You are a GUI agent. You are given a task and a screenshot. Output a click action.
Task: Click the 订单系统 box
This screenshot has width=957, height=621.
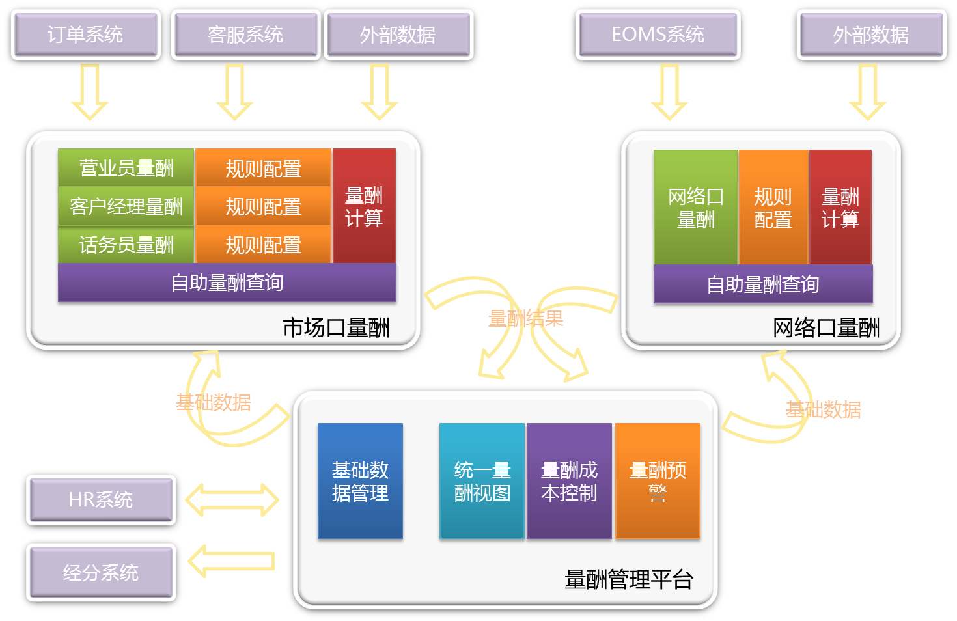[85, 34]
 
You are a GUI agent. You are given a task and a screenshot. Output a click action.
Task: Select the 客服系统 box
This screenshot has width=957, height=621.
[245, 34]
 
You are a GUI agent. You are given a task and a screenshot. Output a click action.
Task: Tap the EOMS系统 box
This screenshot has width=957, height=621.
[658, 34]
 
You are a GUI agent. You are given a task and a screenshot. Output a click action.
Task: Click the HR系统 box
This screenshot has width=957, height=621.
[101, 499]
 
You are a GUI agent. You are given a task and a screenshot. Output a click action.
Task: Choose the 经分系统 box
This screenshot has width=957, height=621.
[101, 572]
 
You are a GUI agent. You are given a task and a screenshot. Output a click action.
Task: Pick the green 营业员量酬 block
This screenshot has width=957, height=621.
[126, 168]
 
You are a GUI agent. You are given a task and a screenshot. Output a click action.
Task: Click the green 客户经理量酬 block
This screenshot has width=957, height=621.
[126, 206]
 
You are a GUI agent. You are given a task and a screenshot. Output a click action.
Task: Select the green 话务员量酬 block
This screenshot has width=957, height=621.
[126, 245]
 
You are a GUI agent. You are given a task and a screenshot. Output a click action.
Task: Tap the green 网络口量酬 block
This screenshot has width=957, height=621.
[695, 207]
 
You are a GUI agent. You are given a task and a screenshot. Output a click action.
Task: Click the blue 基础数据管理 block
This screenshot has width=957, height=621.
[360, 481]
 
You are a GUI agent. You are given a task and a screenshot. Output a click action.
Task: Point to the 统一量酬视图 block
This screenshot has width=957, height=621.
[482, 481]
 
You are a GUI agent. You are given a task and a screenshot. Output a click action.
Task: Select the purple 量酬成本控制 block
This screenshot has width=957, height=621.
[569, 481]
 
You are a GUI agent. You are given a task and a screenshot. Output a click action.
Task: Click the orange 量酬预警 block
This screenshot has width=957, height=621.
[658, 481]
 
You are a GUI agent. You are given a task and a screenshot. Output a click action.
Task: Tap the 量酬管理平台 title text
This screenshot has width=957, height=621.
[628, 579]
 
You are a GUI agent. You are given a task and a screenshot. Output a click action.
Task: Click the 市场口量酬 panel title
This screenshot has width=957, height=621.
[336, 327]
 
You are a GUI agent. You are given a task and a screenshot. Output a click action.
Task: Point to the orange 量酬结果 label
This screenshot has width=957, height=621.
[526, 318]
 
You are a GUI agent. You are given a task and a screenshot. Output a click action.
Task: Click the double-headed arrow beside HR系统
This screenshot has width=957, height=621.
[232, 499]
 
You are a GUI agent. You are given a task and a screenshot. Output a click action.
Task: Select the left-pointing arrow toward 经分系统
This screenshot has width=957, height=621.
[232, 560]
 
